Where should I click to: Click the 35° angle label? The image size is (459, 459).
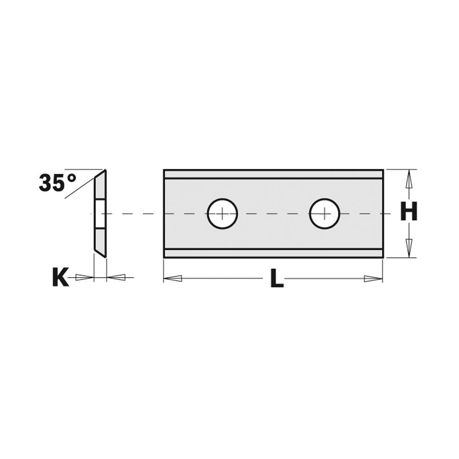(57, 183)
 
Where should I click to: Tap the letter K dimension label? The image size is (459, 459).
(60, 278)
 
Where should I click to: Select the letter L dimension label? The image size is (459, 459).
(276, 279)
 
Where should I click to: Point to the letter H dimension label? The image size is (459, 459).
(409, 212)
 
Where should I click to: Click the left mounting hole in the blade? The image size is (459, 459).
(222, 213)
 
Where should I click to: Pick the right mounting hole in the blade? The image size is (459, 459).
(325, 213)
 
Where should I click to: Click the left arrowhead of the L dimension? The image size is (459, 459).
(173, 278)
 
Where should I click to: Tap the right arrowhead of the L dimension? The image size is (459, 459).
(373, 279)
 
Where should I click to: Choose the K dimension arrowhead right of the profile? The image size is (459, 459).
(117, 277)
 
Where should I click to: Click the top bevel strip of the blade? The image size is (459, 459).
(273, 174)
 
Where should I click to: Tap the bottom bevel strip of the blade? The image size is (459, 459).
(273, 253)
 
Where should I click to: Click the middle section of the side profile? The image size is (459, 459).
(100, 213)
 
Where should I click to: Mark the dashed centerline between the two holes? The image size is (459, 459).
(273, 213)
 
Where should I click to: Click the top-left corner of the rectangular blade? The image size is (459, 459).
(164, 170)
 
